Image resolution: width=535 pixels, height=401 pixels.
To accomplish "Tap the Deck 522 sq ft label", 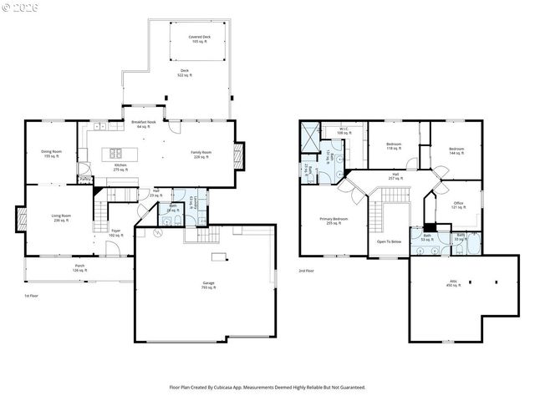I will (184, 74).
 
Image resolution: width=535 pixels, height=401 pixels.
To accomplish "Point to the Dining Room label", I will (51, 154).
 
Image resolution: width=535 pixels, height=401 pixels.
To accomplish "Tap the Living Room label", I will (61, 218).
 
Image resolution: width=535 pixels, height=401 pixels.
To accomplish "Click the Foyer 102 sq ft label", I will (115, 234).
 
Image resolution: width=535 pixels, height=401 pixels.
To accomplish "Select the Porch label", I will (79, 268).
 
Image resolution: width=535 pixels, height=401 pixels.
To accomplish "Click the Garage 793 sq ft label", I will (208, 286).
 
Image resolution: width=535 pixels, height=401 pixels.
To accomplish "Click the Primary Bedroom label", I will (333, 221).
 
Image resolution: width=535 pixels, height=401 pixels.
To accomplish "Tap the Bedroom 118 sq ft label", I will (395, 146).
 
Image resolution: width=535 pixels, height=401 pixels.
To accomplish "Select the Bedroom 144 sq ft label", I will (456, 151).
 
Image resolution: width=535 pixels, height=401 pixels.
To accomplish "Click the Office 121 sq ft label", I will (458, 205).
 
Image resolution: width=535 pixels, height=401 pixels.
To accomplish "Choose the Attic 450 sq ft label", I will (453, 284).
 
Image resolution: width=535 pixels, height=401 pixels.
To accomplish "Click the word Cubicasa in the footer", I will (235, 387).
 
